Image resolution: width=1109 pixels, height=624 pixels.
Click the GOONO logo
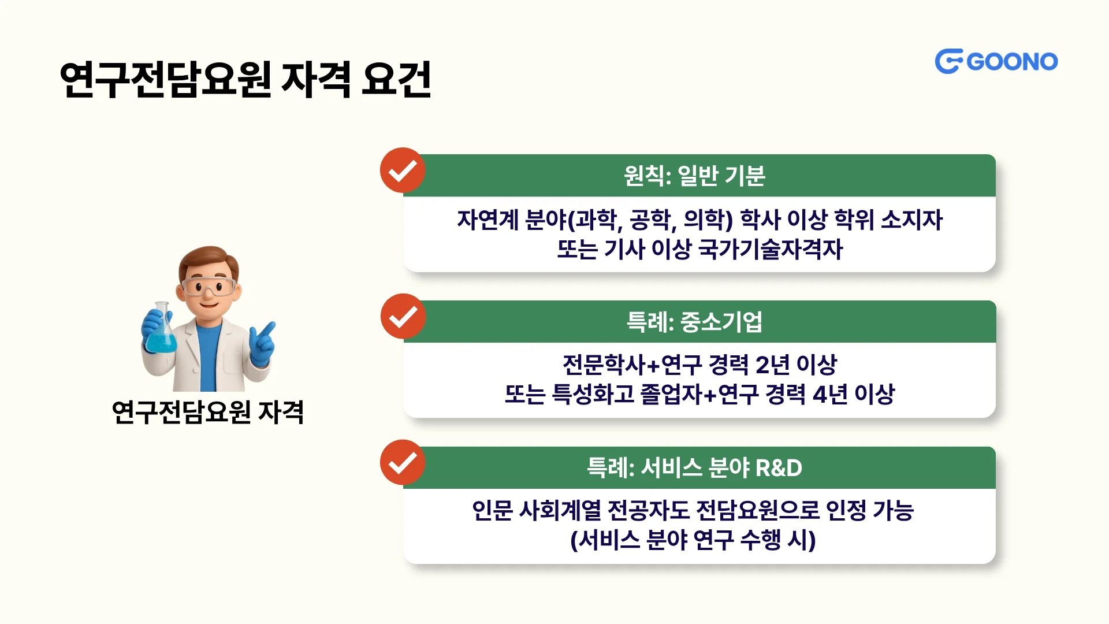[x=996, y=61]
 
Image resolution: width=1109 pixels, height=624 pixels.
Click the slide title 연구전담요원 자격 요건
[x=245, y=79]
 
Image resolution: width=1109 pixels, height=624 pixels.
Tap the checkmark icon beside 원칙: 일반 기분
[x=403, y=170]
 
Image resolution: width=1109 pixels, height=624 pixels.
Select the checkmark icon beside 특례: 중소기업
[x=403, y=317]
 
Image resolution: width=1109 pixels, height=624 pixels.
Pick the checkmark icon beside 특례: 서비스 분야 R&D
[x=403, y=463]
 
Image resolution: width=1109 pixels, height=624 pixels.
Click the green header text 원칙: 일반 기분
[x=694, y=176]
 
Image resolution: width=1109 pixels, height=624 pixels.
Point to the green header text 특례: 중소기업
[x=694, y=322]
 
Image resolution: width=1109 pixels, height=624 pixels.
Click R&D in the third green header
[x=779, y=468]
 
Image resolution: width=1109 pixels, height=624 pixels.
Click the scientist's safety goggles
[x=209, y=287]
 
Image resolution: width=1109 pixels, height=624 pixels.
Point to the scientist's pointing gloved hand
[x=262, y=344]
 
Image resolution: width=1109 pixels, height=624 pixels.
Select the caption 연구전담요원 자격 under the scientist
[x=208, y=412]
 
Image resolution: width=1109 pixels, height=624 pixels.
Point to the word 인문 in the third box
[x=492, y=511]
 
